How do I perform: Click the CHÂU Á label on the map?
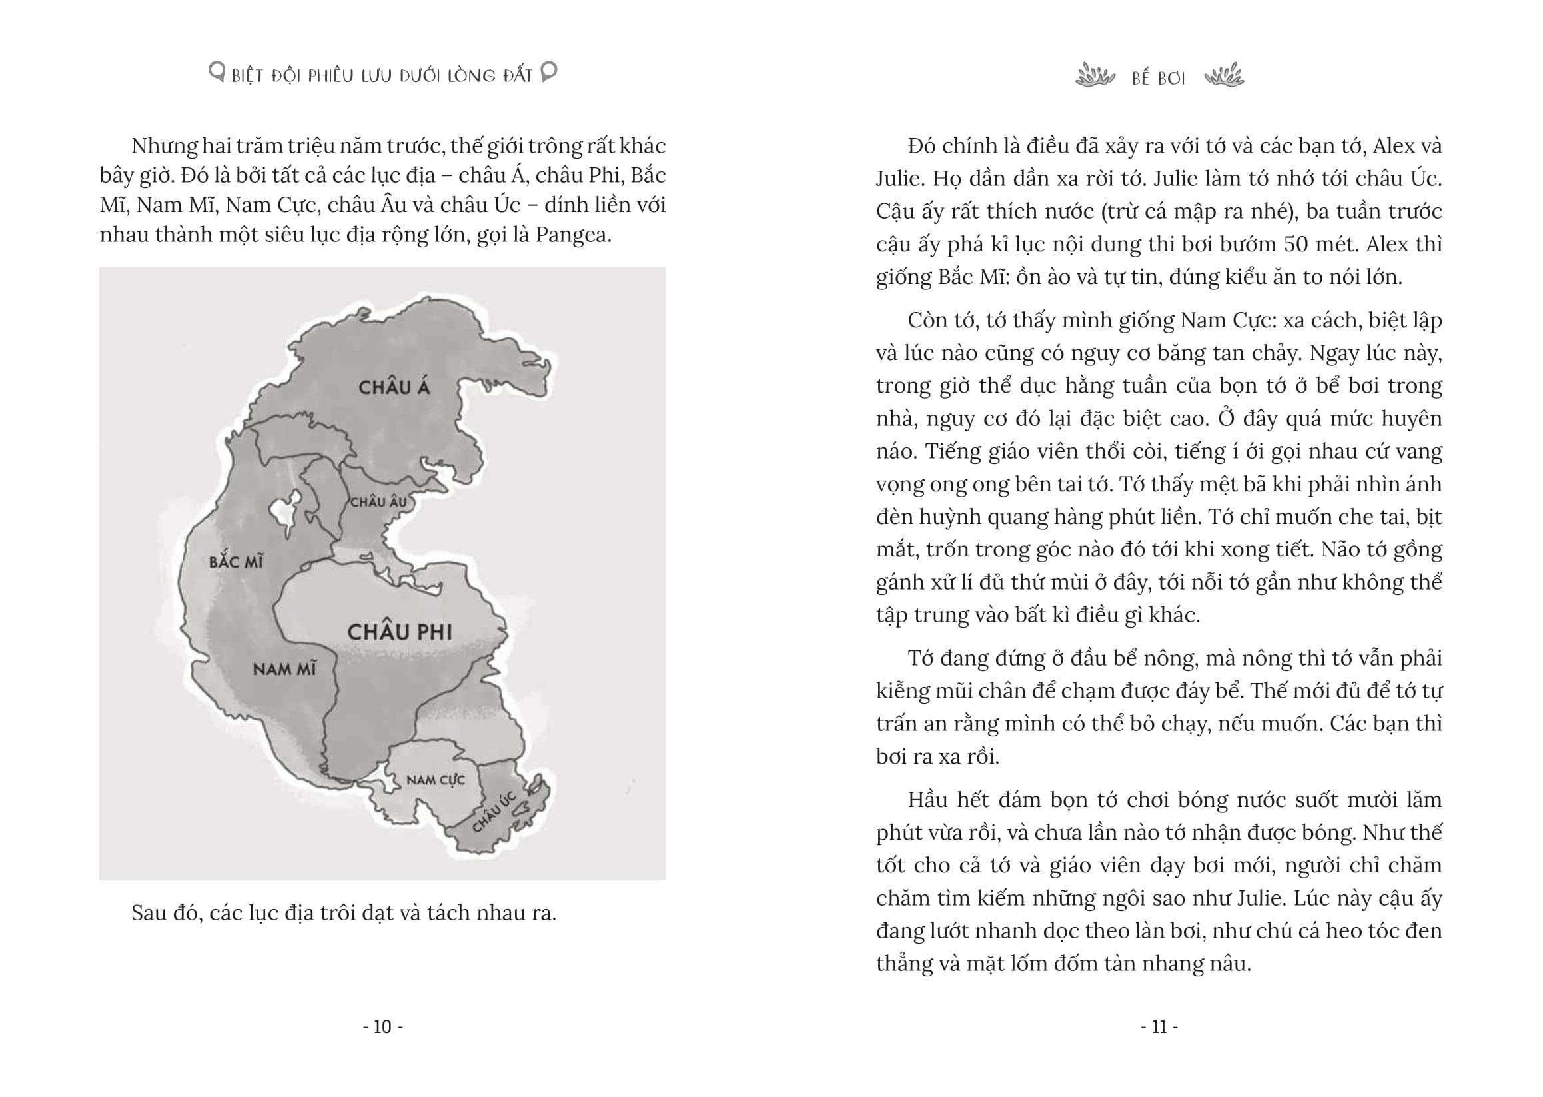point(394,387)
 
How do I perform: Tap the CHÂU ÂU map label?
point(379,502)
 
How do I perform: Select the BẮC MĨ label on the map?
point(236,562)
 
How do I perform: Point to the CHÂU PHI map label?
point(399,632)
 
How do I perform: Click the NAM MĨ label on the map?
point(284,669)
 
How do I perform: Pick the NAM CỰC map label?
point(436,780)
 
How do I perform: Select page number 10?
point(383,1028)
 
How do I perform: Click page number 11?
point(1159,1028)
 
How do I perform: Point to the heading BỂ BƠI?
point(1158,79)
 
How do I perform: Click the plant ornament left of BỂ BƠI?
point(1095,76)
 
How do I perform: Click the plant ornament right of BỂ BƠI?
point(1224,76)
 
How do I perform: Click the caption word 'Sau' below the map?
point(149,913)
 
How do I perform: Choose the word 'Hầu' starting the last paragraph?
point(929,800)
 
